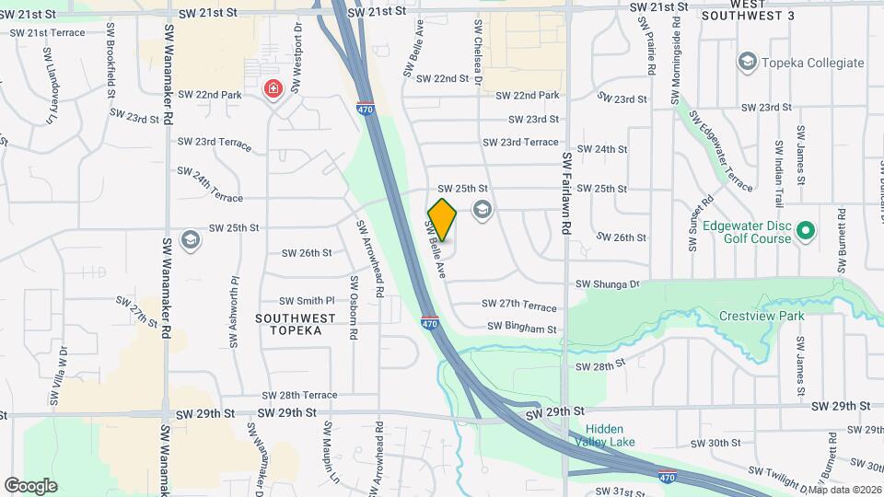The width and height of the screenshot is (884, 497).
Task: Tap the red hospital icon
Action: click(273, 89)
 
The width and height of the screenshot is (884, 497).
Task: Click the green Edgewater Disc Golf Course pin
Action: click(806, 230)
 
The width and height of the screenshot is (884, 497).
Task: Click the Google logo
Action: click(30, 485)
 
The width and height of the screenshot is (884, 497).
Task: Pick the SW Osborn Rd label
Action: click(352, 307)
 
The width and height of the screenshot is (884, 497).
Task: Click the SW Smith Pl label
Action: click(308, 301)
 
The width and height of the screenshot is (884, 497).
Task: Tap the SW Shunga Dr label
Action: click(607, 284)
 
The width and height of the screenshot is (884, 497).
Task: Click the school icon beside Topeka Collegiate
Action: click(747, 63)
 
